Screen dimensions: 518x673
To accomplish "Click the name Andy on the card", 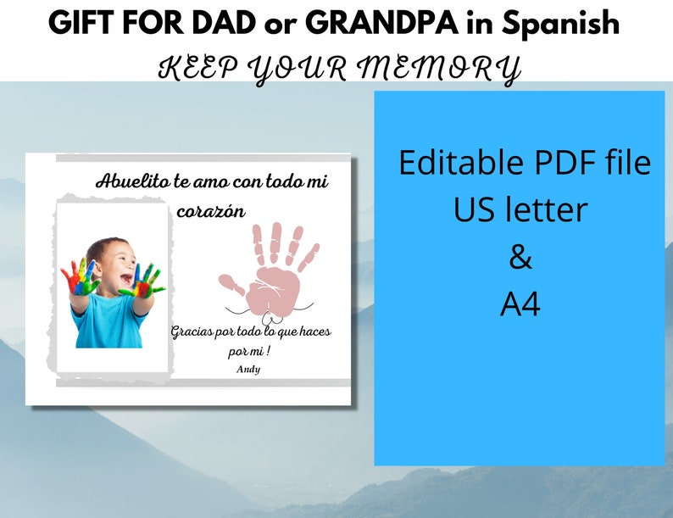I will click(x=248, y=369).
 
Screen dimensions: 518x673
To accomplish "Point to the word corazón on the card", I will click(x=210, y=211).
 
